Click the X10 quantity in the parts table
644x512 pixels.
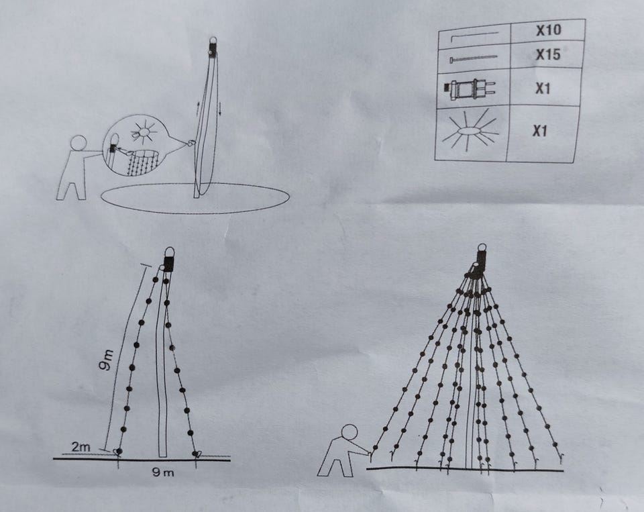[548, 30]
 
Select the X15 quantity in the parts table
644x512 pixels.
[548, 54]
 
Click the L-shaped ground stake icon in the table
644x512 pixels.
[474, 36]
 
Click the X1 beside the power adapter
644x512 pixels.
[543, 89]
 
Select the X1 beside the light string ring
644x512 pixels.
[540, 131]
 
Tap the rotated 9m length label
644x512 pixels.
[107, 360]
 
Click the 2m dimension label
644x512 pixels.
[81, 446]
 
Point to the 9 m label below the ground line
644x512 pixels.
[163, 472]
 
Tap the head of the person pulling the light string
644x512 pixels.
[350, 433]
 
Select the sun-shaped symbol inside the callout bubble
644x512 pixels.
[144, 132]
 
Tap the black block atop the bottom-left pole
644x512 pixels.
[168, 264]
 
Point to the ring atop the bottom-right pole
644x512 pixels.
[482, 248]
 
